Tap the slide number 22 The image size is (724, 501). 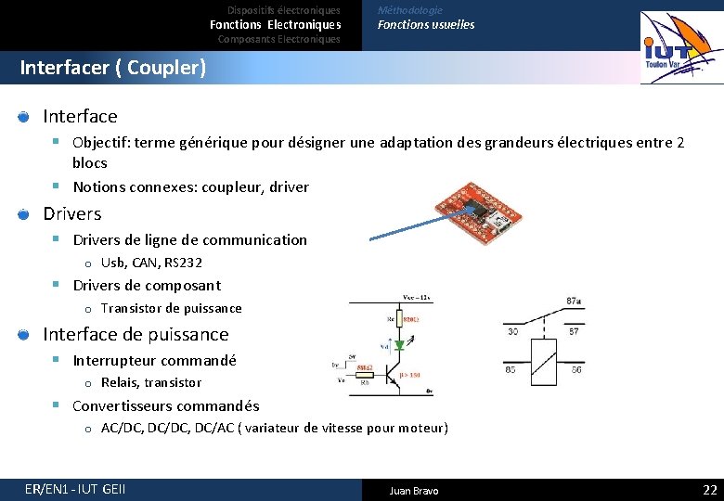click(710, 490)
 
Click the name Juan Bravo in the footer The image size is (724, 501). click(414, 491)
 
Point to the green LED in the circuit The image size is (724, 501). click(398, 344)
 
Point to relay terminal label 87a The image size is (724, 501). click(574, 301)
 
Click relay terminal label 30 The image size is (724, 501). click(512, 331)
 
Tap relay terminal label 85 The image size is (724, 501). click(511, 369)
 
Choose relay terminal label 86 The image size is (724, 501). click(576, 369)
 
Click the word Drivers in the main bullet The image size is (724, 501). click(72, 213)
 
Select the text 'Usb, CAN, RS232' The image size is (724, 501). click(151, 263)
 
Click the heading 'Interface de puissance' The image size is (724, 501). click(136, 334)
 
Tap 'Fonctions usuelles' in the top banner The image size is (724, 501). click(425, 25)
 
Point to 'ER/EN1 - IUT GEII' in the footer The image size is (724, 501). click(75, 490)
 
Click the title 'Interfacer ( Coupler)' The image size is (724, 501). click(112, 68)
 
